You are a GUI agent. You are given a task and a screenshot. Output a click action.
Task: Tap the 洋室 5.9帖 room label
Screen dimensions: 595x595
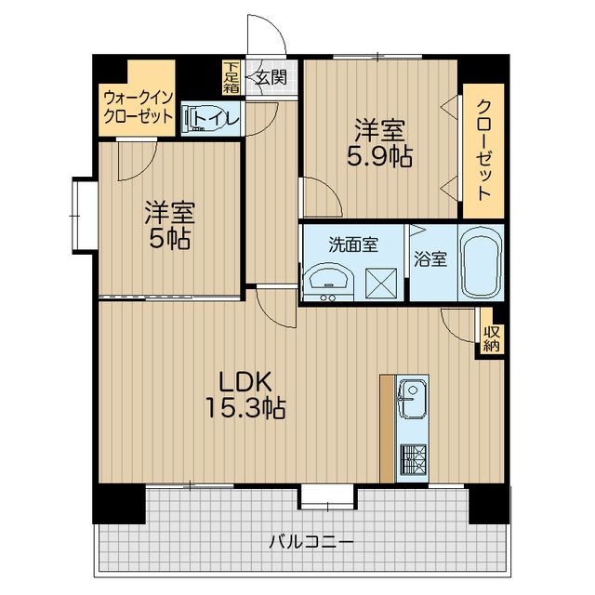[381, 142]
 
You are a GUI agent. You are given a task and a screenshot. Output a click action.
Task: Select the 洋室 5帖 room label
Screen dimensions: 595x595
[167, 226]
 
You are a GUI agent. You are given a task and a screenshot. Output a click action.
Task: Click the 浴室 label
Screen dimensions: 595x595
[430, 259]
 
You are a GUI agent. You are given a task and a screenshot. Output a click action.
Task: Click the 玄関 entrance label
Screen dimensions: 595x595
[271, 77]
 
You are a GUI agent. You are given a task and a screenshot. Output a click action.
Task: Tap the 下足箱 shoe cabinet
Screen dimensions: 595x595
[231, 77]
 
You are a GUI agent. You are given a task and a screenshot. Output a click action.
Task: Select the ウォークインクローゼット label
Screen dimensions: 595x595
[138, 106]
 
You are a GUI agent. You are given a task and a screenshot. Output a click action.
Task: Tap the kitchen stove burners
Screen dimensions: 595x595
[413, 457]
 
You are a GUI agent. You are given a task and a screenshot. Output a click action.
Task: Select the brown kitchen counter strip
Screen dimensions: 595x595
[387, 428]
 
